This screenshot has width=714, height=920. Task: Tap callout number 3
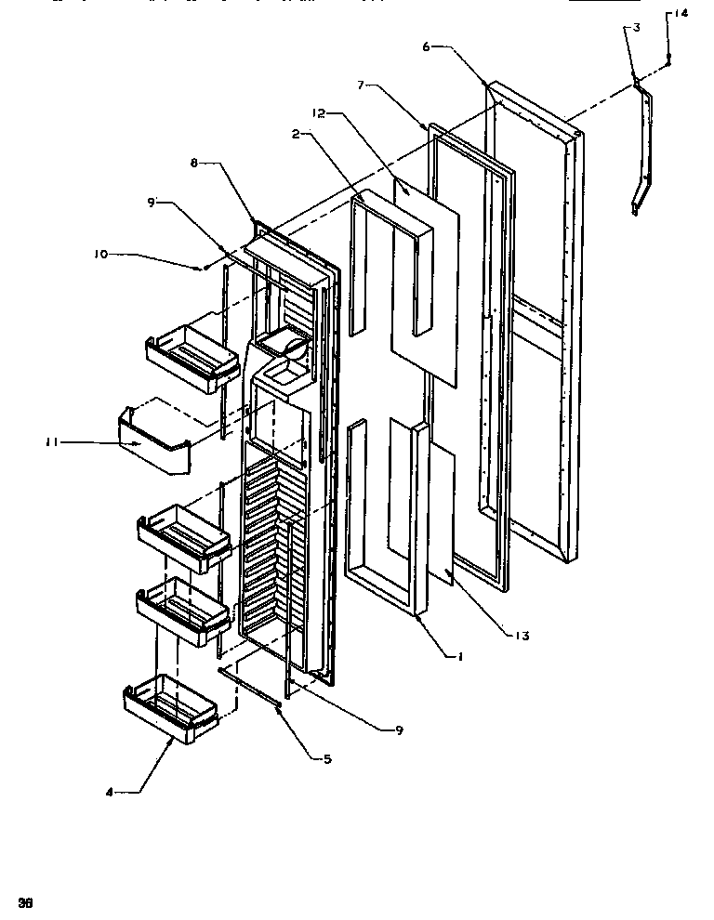coord(635,28)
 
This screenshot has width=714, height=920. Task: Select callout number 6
coord(426,46)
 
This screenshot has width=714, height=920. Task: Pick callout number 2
coord(295,135)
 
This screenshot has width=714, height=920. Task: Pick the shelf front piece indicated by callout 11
coord(153,444)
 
